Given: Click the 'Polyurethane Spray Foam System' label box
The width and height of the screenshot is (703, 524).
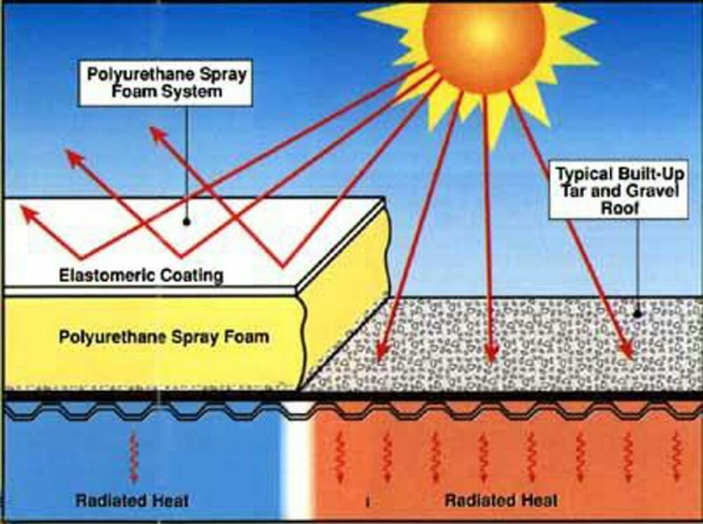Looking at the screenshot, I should coord(165,82).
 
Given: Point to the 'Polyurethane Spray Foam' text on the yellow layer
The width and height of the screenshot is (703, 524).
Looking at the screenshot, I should coord(164,336).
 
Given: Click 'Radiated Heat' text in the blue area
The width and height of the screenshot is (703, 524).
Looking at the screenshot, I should coord(132,501).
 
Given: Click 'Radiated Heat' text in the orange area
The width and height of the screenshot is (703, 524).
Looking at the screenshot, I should coord(501,500).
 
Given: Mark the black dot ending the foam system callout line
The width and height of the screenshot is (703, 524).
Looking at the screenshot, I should coord(187,221).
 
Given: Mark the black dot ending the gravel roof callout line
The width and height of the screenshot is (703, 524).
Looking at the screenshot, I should coord(638,314).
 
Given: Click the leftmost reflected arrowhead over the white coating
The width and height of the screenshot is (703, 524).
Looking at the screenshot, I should coord(28,212).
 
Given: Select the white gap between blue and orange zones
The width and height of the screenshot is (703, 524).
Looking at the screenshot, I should coord(298,457).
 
